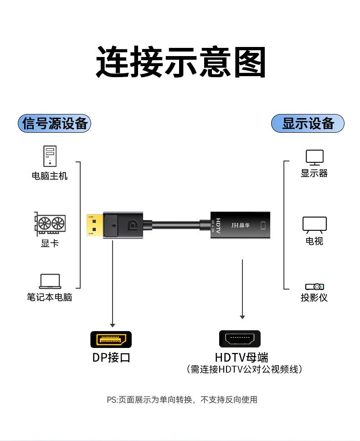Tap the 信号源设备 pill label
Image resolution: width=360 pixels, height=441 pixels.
[x=55, y=124]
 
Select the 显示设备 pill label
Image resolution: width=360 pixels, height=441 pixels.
[x=308, y=124]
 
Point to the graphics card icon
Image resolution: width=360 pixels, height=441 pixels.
[x=50, y=224]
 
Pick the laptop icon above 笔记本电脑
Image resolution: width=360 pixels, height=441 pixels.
[x=50, y=281]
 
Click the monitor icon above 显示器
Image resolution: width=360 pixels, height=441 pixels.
[x=314, y=157]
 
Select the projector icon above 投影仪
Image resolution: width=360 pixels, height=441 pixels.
[x=314, y=286]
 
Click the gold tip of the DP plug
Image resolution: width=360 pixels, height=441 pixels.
[x=94, y=224]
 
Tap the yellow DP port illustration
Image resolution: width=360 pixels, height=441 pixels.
[x=111, y=340]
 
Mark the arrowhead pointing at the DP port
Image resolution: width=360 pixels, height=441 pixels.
[x=113, y=324]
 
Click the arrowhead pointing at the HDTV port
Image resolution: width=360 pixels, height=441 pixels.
[x=242, y=317]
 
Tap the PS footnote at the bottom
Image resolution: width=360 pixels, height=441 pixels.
[x=182, y=399]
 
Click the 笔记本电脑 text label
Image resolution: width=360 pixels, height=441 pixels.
[x=49, y=297]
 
